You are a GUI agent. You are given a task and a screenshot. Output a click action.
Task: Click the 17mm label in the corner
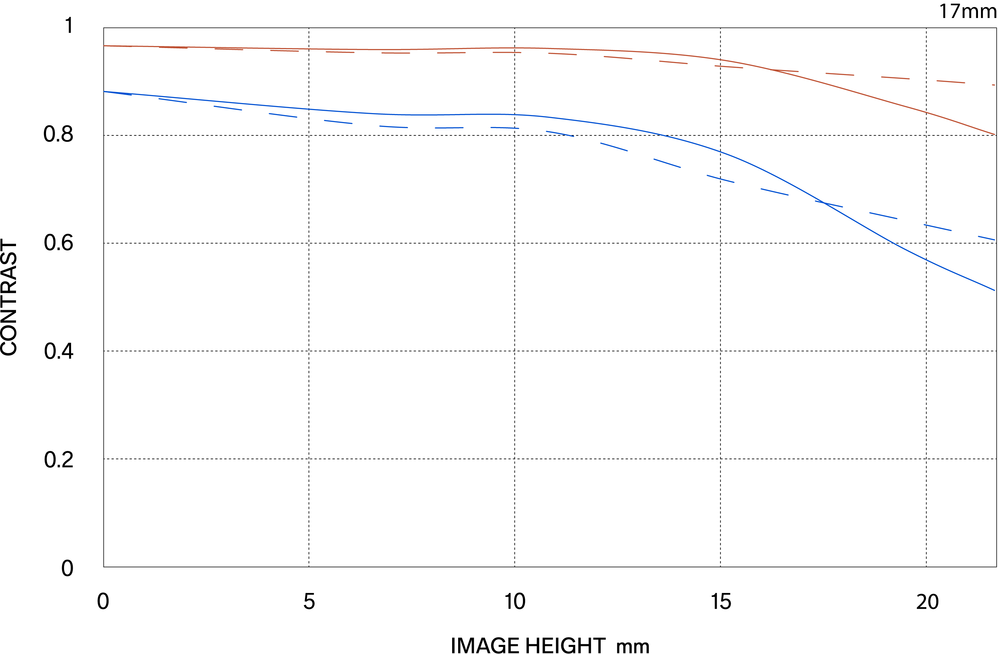pos(967,11)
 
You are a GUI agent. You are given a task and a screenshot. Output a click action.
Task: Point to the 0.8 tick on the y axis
pos(58,134)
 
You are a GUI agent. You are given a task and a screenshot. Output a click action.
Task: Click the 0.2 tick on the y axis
pos(58,459)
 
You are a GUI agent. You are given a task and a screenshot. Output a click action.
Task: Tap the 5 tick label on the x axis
pos(309,602)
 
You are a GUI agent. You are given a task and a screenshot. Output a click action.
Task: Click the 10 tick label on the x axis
pos(515,602)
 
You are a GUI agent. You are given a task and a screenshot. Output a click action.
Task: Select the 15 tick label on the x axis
pos(721,602)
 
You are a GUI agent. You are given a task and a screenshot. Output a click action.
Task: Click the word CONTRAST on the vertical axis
pos(9,297)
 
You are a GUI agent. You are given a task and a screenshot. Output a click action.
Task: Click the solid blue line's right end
pos(995,290)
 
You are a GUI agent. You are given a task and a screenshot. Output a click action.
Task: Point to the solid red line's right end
pos(995,134)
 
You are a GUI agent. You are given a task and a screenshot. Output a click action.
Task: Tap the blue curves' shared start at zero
pos(104,91)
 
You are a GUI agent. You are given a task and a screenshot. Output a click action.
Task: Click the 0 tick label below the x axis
pos(103,602)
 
